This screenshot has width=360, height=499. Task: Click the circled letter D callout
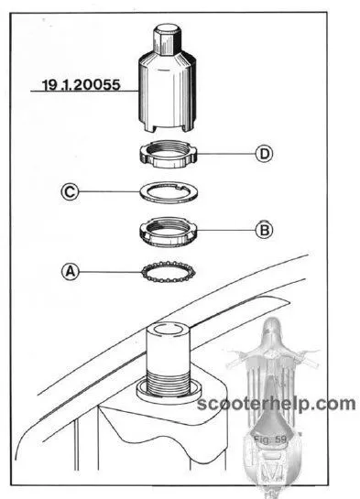(x=265, y=154)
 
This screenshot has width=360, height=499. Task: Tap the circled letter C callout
(x=70, y=192)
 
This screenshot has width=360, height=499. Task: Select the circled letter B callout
(x=265, y=230)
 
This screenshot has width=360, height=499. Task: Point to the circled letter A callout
(x=71, y=272)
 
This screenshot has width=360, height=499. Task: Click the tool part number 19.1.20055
(x=82, y=84)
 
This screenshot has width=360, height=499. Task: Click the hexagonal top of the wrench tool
(x=168, y=38)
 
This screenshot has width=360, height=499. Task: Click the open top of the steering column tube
(x=168, y=329)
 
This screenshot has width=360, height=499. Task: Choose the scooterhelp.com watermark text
(x=277, y=404)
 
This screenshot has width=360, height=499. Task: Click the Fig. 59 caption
(x=270, y=439)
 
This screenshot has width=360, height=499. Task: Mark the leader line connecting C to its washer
(x=109, y=191)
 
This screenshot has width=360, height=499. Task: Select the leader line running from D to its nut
(x=226, y=154)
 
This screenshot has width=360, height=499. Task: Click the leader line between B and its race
(x=226, y=230)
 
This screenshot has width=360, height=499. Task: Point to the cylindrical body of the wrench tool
(x=168, y=92)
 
